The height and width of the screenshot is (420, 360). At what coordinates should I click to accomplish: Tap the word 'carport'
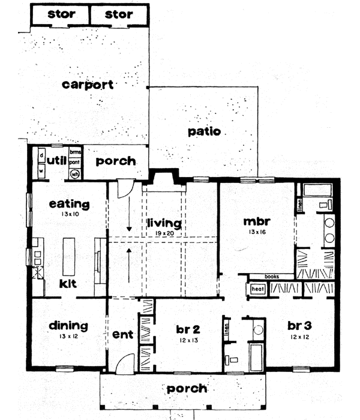(x=88, y=85)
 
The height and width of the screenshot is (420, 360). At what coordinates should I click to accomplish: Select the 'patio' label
(x=204, y=131)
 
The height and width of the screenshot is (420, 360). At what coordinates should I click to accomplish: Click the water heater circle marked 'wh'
(x=75, y=174)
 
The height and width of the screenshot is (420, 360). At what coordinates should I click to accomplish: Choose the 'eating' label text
(x=70, y=205)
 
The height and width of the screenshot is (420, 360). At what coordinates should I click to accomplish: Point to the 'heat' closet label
(x=257, y=289)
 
